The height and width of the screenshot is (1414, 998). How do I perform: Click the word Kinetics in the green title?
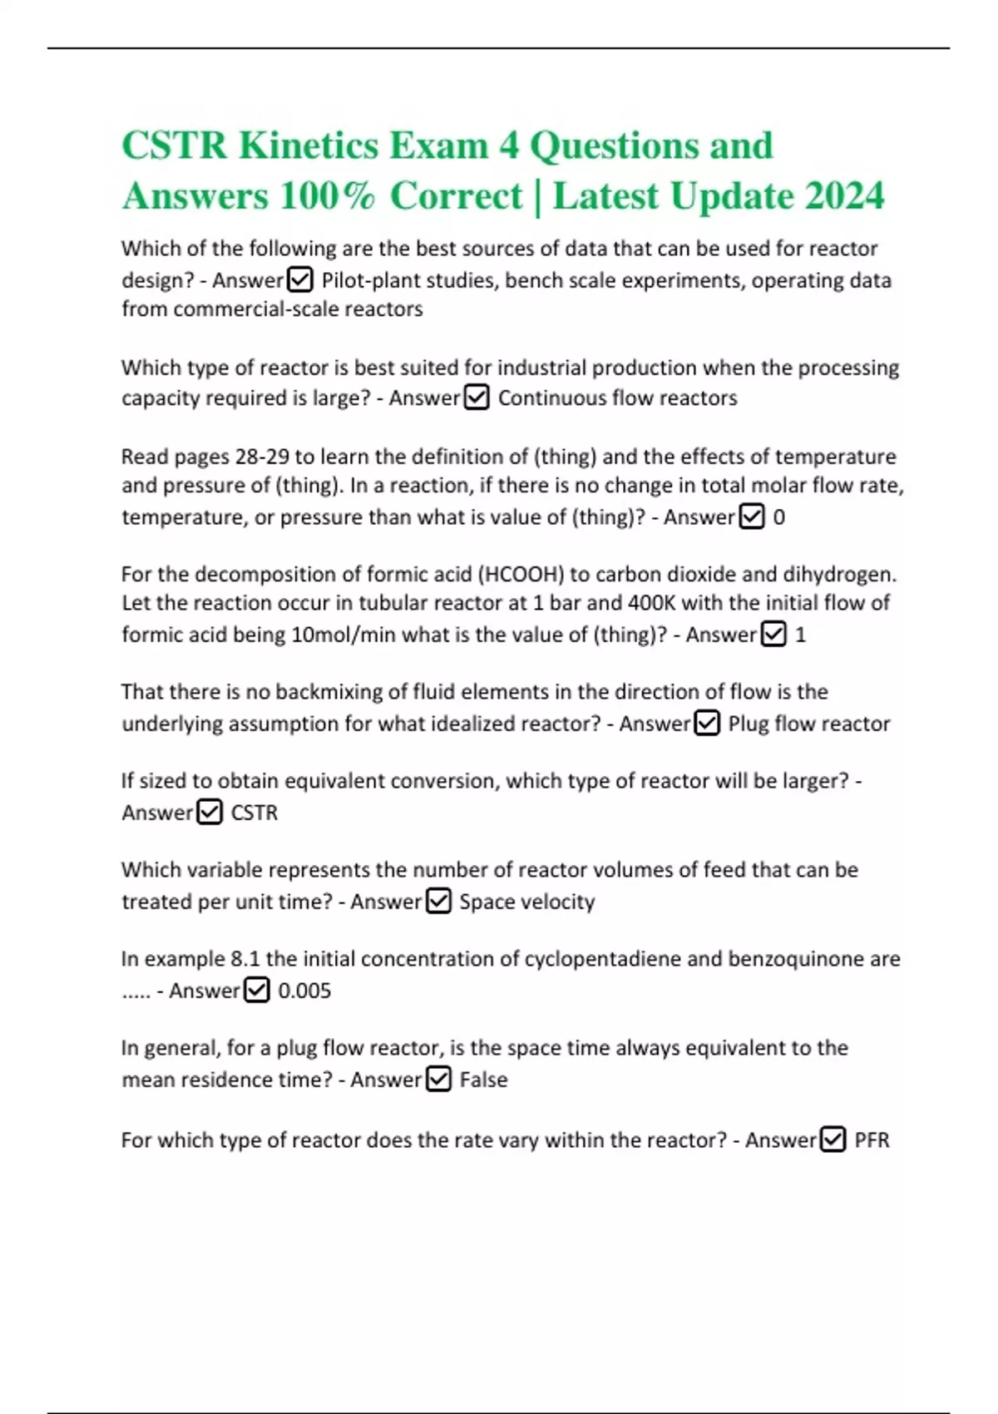click(x=309, y=146)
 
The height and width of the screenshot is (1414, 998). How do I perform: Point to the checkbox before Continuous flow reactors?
click(x=477, y=398)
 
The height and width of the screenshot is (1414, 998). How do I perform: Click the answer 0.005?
click(x=304, y=991)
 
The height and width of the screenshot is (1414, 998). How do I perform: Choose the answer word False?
click(x=483, y=1080)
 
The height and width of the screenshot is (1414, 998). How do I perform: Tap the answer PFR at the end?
click(x=872, y=1140)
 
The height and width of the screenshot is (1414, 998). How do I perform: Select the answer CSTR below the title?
click(x=254, y=813)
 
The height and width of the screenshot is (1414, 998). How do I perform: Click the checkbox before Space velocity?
click(x=438, y=901)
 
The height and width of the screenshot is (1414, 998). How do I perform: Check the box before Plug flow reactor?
click(x=707, y=724)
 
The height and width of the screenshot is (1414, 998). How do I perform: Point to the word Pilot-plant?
click(x=370, y=280)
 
